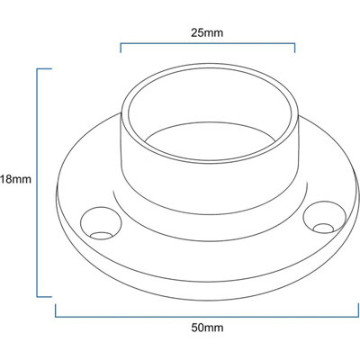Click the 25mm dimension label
point(207,32)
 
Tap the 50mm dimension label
point(207,328)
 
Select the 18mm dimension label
point(15,179)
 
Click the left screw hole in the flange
point(101,222)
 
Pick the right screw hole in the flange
point(325,218)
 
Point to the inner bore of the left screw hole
point(101,236)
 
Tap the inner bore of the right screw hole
point(323,229)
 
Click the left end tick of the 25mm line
point(121,48)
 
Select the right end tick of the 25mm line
point(295,48)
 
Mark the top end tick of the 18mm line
point(44,69)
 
